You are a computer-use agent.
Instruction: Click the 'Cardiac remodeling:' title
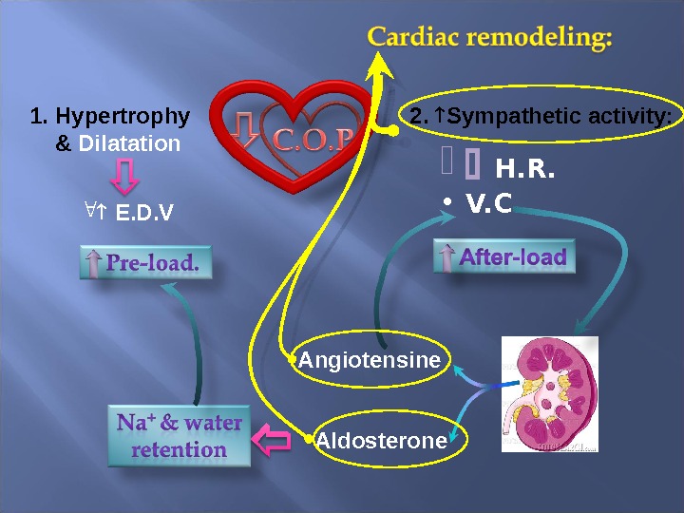click(x=489, y=38)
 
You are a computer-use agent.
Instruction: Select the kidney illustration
click(x=550, y=394)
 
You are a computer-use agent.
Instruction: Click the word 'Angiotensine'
click(x=370, y=361)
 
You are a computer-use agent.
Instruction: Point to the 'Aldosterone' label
click(x=381, y=441)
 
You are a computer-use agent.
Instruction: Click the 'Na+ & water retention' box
click(x=180, y=436)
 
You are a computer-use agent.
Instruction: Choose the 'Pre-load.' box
click(x=144, y=263)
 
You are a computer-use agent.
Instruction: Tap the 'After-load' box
click(x=505, y=257)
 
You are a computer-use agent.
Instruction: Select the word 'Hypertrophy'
click(x=123, y=117)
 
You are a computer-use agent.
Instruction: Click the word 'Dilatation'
click(x=129, y=144)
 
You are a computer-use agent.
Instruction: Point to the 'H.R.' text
click(x=525, y=171)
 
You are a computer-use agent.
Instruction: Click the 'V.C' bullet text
click(x=489, y=202)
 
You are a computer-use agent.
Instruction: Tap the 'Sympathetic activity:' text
click(x=559, y=117)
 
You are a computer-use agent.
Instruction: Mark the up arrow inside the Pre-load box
click(x=93, y=263)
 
